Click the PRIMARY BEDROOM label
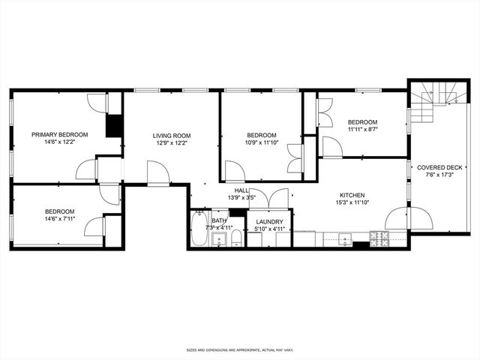click(x=59, y=134)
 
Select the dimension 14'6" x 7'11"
click(x=59, y=220)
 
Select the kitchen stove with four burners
click(x=381, y=238)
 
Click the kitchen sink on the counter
click(x=345, y=239)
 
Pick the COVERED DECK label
click(x=435, y=168)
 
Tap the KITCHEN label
click(x=351, y=195)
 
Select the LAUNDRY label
click(x=269, y=222)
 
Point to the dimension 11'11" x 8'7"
click(x=362, y=130)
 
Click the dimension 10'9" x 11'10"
click(x=262, y=142)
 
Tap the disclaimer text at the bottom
click(x=240, y=349)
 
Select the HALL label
click(x=241, y=190)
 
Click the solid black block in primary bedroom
click(x=114, y=125)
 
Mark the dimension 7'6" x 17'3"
click(x=435, y=176)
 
